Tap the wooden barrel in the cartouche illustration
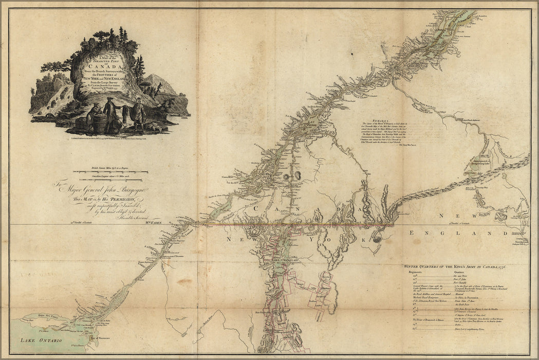[x=100, y=122]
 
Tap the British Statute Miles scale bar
[x=110, y=171]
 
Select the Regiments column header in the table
[x=416, y=273]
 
